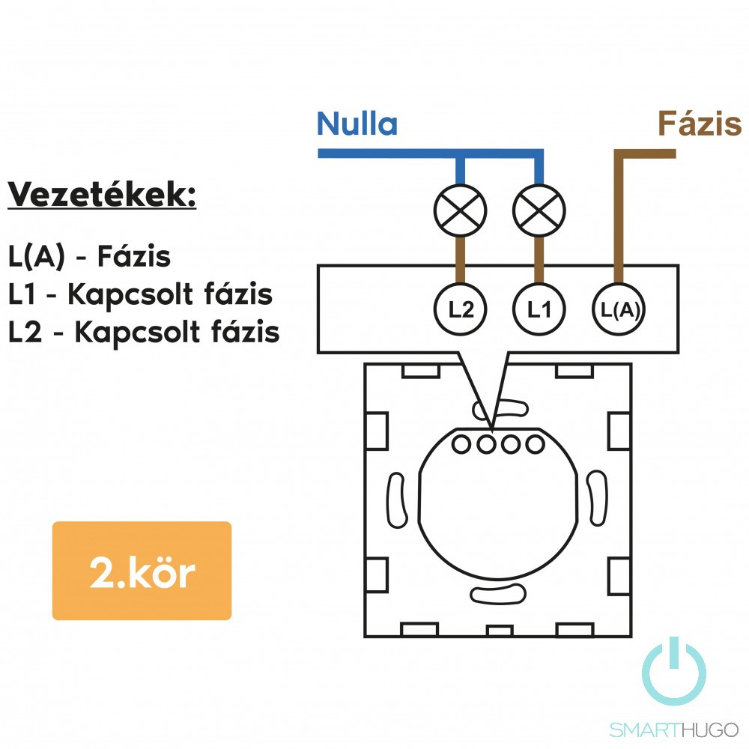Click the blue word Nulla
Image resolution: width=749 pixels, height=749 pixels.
[357, 124]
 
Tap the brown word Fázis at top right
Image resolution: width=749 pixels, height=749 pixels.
[699, 124]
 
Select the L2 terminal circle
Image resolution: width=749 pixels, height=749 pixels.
[461, 309]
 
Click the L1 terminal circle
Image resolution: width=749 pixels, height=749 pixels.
[539, 309]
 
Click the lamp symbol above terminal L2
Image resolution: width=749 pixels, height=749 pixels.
[461, 207]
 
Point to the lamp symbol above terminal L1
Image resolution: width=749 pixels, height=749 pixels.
[539, 207]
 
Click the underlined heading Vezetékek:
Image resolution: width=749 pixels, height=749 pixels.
[102, 195]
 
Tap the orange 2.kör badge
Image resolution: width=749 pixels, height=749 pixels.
[142, 571]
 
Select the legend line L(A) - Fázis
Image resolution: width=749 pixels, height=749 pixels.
[90, 257]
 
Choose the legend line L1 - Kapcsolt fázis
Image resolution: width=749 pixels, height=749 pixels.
[140, 294]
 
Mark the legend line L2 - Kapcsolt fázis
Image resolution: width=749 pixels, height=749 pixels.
[144, 332]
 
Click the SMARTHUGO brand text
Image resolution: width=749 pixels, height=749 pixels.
[673, 730]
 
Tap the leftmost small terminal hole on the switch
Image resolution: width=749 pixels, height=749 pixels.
[462, 445]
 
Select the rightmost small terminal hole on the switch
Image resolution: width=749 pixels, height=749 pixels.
[534, 445]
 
